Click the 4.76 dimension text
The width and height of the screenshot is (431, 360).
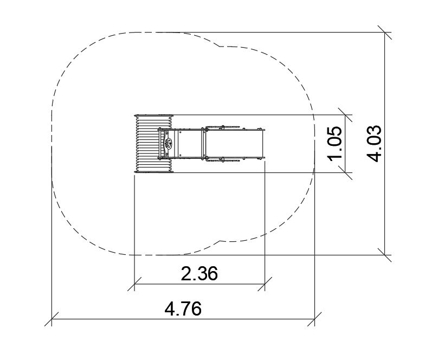[x=183, y=308]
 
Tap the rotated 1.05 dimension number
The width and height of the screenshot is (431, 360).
[x=334, y=143]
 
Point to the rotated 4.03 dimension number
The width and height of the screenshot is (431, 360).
[x=374, y=144]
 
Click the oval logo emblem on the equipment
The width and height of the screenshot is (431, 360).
[x=168, y=143]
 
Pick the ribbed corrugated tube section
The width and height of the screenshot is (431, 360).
[x=153, y=144]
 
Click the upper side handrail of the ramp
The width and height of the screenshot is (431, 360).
[x=223, y=127]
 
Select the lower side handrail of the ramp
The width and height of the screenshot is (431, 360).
[x=223, y=160]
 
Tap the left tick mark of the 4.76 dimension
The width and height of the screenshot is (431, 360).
[x=52, y=319]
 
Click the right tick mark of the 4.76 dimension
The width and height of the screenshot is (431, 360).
[x=315, y=319]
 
